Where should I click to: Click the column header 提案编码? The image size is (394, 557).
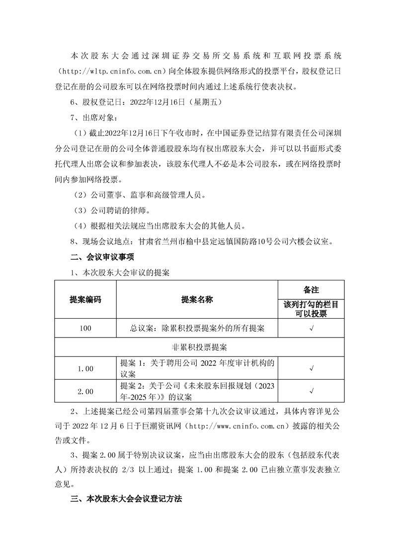[x=85, y=299]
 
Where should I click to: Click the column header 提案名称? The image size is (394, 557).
[x=197, y=299]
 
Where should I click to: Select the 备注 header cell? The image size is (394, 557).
[x=311, y=289]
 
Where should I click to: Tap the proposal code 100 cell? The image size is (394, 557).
[x=85, y=328]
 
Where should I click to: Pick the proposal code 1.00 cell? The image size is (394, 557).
[x=85, y=368]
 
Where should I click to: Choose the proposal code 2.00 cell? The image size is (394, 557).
[x=85, y=391]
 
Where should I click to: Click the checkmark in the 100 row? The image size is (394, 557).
[x=311, y=328]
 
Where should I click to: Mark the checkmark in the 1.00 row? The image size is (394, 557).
[x=311, y=368]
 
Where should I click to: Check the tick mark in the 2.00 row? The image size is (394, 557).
[x=311, y=391]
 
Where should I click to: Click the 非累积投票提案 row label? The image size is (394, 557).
[x=197, y=347]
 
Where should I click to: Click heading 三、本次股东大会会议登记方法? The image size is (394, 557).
[x=126, y=499]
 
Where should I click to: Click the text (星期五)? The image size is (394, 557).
[x=202, y=103]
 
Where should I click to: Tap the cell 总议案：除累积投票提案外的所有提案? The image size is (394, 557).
[x=197, y=328]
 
